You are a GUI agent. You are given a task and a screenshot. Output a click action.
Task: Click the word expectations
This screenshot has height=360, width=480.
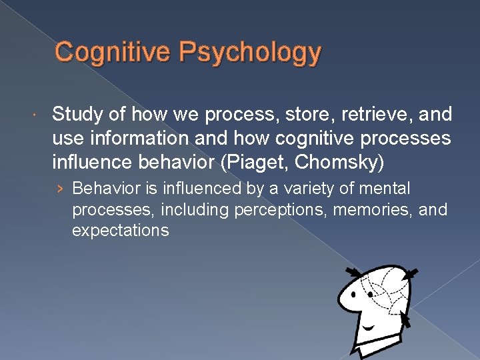click(121, 231)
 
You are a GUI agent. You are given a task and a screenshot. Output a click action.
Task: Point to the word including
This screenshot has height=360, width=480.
click(198, 210)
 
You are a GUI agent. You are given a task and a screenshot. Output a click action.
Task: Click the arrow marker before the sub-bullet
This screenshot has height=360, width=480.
click(61, 189)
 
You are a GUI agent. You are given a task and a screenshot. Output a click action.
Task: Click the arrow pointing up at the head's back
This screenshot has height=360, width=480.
click(406, 321)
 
